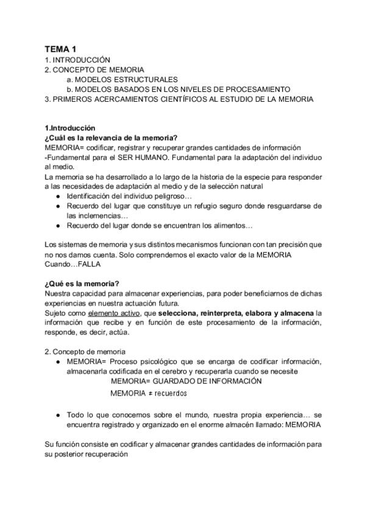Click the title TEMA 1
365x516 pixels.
click(61, 48)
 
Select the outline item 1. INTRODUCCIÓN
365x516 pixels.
click(77, 60)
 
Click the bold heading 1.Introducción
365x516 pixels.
click(70, 128)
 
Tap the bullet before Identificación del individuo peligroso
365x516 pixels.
click(57, 196)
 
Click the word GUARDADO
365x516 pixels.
click(175, 381)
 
